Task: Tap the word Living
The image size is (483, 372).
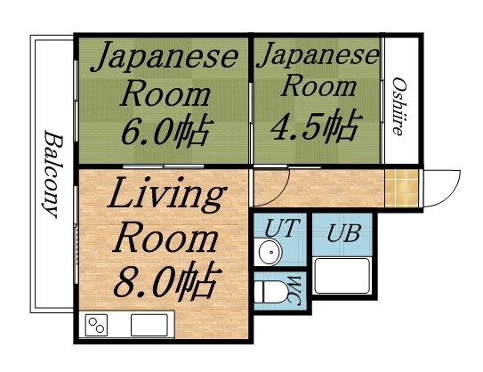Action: tap(165, 195)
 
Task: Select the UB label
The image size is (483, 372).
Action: tap(342, 235)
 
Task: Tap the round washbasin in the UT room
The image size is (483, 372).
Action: tap(269, 254)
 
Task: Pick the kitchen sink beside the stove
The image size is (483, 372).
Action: tap(149, 325)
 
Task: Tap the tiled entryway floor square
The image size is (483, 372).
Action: tap(399, 186)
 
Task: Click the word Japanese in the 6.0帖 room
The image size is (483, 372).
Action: tap(165, 58)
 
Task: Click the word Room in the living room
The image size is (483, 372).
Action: tap(167, 239)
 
